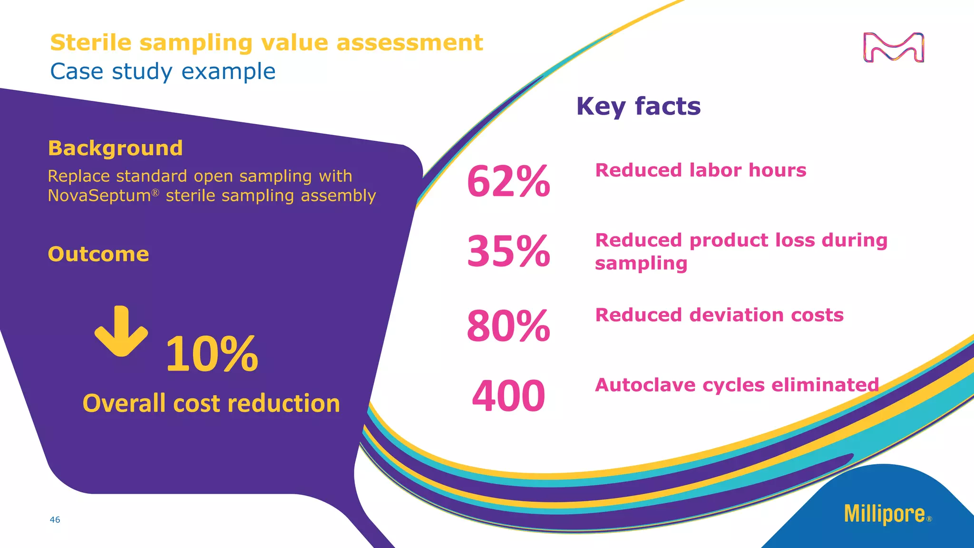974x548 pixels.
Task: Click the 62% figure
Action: pyautogui.click(x=508, y=181)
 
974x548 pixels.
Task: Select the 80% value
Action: pyautogui.click(x=508, y=326)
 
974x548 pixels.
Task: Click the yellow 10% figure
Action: pyautogui.click(x=212, y=354)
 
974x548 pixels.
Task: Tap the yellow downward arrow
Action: pyautogui.click(x=121, y=331)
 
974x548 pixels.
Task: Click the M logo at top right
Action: pyautogui.click(x=893, y=48)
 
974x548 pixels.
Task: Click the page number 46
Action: pyautogui.click(x=55, y=520)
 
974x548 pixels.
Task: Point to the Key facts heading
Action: pyautogui.click(x=638, y=106)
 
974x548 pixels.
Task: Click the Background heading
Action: pyautogui.click(x=115, y=148)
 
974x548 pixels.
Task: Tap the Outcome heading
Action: pyautogui.click(x=98, y=254)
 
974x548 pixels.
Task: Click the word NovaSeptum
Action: pyautogui.click(x=99, y=196)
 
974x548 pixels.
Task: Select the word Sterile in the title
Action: pyautogui.click(x=91, y=43)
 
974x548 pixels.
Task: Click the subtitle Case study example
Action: pyautogui.click(x=163, y=72)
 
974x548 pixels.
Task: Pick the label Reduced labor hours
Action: pyautogui.click(x=701, y=170)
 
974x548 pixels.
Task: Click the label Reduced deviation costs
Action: pyautogui.click(x=719, y=315)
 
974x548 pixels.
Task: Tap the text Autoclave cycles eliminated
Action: pyautogui.click(x=737, y=385)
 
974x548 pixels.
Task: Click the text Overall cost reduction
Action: pyautogui.click(x=211, y=403)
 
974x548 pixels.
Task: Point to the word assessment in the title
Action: pyautogui.click(x=409, y=43)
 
